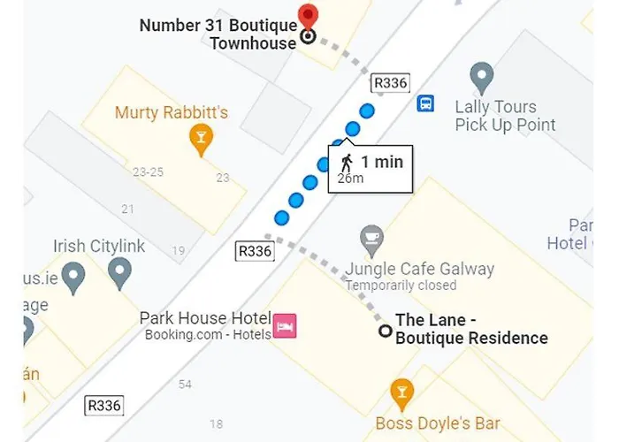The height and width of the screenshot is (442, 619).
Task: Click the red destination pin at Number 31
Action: point(308,15)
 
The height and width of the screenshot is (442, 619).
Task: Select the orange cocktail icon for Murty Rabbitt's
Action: point(202,137)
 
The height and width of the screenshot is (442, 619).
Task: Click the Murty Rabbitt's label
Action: point(172,112)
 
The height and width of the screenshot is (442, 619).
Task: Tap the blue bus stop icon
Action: point(425,103)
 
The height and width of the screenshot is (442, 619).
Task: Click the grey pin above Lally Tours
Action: point(481,76)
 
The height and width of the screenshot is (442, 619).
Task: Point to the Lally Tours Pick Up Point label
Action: point(505,116)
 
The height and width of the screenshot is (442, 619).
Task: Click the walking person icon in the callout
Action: point(347,161)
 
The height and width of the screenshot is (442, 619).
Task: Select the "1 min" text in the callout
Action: point(382,161)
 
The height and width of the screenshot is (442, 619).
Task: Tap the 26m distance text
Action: point(350,179)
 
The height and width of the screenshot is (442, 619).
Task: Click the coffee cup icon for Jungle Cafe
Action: point(371,239)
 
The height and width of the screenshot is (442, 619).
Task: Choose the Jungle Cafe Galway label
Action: point(419,269)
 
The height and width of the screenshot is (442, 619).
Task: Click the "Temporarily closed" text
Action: point(401,286)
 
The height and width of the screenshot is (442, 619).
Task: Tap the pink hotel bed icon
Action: point(285,326)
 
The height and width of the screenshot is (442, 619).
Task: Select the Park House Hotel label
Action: point(203,318)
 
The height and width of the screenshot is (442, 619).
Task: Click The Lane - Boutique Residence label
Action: point(470,330)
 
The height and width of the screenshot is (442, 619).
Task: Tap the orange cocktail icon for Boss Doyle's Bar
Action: point(401,391)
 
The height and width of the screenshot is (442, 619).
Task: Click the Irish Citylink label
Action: point(99,246)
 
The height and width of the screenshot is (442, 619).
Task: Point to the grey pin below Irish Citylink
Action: point(119,273)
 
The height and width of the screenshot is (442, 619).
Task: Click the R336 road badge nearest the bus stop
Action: point(390,83)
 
